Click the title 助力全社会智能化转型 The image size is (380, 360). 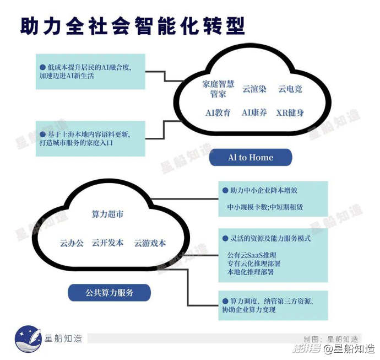(x=132, y=26)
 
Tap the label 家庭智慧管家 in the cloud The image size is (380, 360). (x=218, y=89)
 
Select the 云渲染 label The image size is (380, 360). (x=254, y=88)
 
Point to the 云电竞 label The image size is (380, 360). (x=290, y=88)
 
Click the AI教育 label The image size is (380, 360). (x=218, y=112)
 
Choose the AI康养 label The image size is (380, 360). (x=254, y=112)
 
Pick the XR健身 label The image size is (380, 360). (x=290, y=112)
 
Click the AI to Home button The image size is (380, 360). (x=251, y=158)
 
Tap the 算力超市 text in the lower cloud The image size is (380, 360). (x=107, y=214)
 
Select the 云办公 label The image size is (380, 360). (x=72, y=243)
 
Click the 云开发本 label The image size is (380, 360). (x=107, y=243)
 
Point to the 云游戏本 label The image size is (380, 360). (x=150, y=243)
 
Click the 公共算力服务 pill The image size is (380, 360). (x=110, y=293)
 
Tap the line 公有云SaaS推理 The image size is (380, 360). (x=252, y=256)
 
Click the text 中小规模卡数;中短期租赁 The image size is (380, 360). (x=265, y=207)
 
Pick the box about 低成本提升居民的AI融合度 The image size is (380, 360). (x=90, y=71)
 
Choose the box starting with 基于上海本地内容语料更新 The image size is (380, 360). (x=90, y=138)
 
